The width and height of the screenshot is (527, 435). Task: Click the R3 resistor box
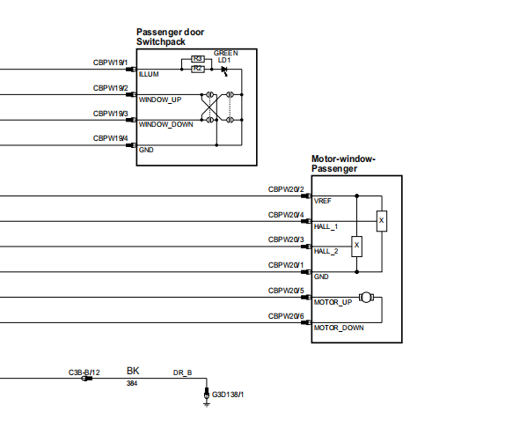coord(198,59)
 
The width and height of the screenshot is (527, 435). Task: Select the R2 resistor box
coord(198,69)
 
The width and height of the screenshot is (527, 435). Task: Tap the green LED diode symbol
coord(224,70)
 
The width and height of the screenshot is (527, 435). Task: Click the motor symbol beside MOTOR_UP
coord(366,297)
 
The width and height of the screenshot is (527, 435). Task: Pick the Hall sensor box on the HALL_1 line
coord(382,221)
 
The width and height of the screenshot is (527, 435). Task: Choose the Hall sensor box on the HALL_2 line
coord(356,247)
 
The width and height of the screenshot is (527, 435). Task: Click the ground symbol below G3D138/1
coord(207,404)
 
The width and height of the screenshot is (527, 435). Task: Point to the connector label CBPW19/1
coord(110,63)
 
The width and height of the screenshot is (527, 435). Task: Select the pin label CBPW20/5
coord(286,291)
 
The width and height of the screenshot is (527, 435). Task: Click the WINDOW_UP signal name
coord(160,100)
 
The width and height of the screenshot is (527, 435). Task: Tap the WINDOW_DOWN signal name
coord(166,124)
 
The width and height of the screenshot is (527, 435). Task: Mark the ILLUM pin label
coord(149,74)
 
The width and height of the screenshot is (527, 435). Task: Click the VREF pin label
coord(322,201)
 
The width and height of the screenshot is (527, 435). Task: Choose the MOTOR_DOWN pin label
coord(339,328)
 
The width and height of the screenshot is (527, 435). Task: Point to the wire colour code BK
coord(133,371)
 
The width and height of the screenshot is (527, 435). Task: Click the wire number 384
coord(132,383)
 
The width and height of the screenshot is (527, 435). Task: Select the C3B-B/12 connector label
coord(84,372)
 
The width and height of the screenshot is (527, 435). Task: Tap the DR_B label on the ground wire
coord(182,372)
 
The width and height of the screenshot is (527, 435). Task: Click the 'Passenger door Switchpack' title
coord(170,37)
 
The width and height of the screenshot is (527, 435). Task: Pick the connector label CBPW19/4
coord(110,138)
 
